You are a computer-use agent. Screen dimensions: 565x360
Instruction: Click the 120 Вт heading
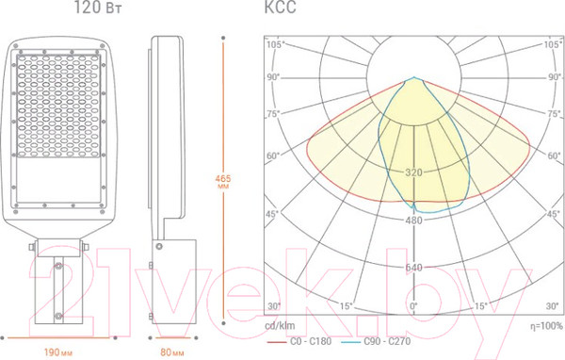pyautogui.click(x=98, y=8)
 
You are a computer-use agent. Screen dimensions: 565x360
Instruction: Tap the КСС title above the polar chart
pyautogui.click(x=281, y=8)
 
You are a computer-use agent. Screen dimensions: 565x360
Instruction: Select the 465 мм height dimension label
pyautogui.click(x=223, y=182)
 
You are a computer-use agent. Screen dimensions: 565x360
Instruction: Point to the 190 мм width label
pyautogui.click(x=58, y=352)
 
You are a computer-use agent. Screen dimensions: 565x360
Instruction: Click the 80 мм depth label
pyautogui.click(x=172, y=352)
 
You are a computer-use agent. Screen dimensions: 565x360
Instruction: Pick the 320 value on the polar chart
pyautogui.click(x=413, y=172)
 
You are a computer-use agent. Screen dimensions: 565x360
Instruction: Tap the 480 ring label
pyautogui.click(x=413, y=220)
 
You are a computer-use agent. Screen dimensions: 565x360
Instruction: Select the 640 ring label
pyautogui.click(x=413, y=268)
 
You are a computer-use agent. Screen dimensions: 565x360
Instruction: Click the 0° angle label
pyautogui.click(x=413, y=306)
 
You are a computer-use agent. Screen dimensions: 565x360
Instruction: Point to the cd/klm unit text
pyautogui.click(x=280, y=326)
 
